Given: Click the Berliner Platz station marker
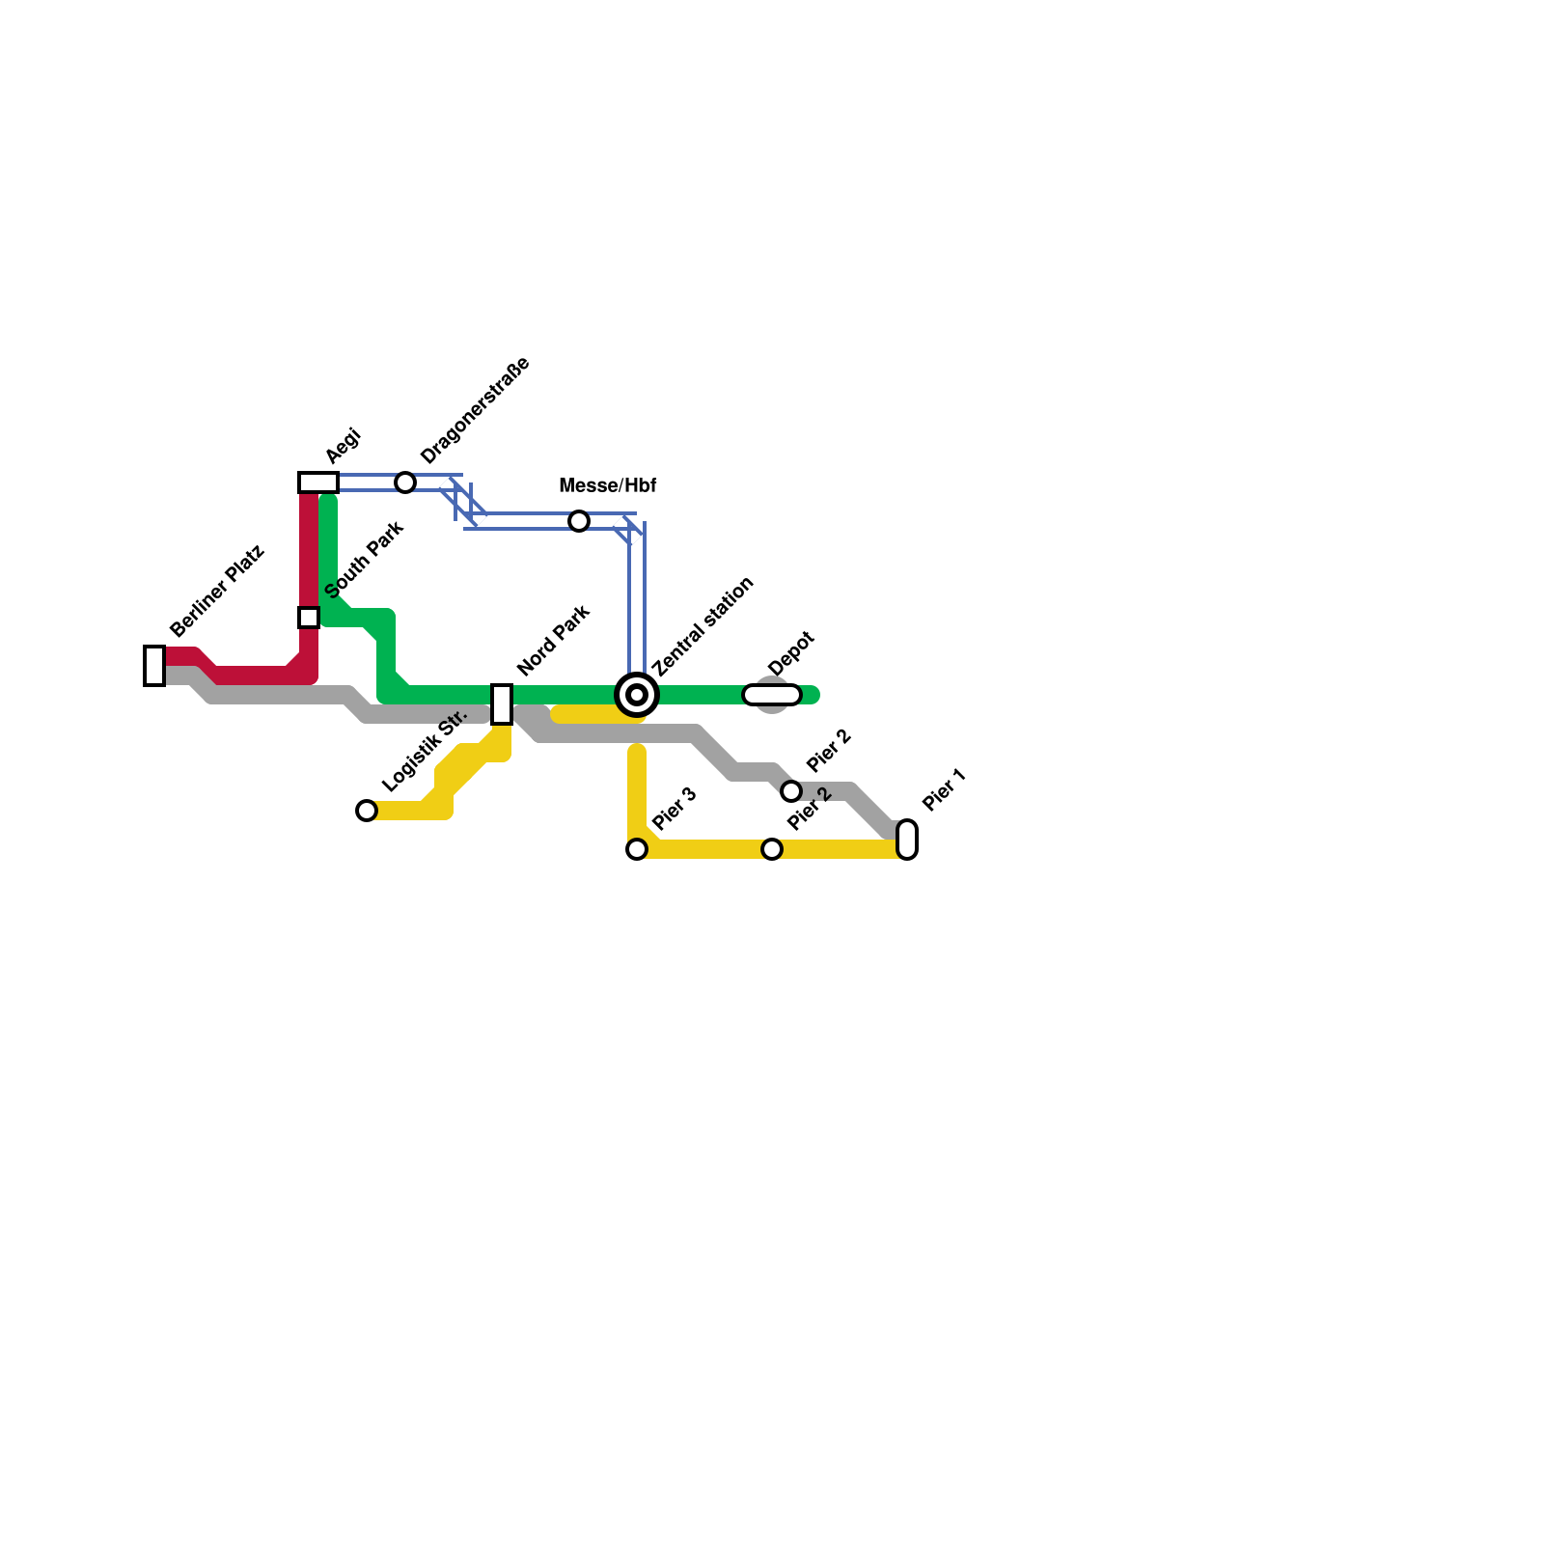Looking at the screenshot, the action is point(154,665).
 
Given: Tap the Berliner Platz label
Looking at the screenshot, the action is point(216,593).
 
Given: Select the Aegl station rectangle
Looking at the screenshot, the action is point(318,482).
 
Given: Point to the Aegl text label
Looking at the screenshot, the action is point(343,445).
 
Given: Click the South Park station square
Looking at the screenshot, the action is point(309,617).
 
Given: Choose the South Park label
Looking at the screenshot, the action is point(364,560).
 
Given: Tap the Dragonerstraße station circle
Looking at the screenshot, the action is point(405,482).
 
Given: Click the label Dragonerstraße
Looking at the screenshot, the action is point(475,410).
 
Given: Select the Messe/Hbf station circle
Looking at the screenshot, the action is point(579,521).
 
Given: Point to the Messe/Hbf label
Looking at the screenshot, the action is point(608,485).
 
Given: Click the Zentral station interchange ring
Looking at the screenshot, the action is point(637,694).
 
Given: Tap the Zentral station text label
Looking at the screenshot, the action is point(703,626).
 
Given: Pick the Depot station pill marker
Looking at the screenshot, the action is point(772,694).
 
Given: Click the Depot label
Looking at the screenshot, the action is point(792,653).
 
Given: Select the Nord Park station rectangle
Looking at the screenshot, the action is point(502,703).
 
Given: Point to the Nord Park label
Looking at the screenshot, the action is point(553,641).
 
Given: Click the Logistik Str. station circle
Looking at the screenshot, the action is point(367,810).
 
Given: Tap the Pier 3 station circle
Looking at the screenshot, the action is point(637,848).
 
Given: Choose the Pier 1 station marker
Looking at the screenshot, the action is point(907,839).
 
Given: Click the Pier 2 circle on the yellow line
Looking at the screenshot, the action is point(772,848).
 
